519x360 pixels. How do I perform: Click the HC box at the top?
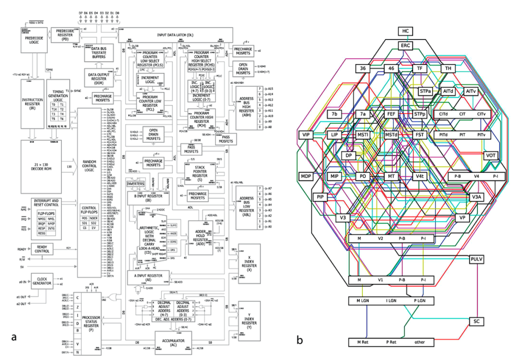[x=405, y=31]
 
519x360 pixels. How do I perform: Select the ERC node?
[x=405, y=45]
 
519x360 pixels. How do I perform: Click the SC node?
[x=476, y=321]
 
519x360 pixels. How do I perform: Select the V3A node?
[x=476, y=197]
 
